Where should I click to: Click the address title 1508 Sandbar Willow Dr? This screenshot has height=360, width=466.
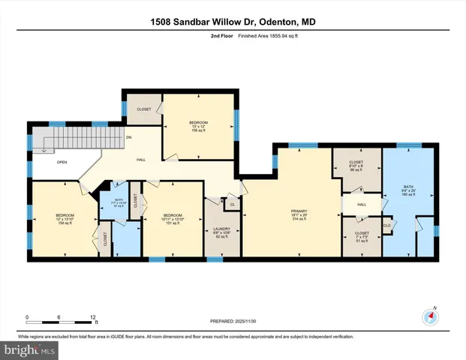click(x=233, y=22)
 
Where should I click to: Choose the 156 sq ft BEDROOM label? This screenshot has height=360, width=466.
click(x=198, y=127)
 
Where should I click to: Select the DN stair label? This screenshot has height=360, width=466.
click(x=129, y=137)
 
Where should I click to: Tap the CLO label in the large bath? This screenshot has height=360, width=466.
click(x=388, y=224)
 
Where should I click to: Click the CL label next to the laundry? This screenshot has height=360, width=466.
click(x=232, y=204)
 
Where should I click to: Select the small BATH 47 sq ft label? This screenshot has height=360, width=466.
click(x=119, y=203)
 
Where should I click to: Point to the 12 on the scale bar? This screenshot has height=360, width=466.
click(x=92, y=317)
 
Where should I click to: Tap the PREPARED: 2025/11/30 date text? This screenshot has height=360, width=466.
click(x=233, y=321)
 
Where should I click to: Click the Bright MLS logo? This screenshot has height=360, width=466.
click(x=30, y=349)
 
